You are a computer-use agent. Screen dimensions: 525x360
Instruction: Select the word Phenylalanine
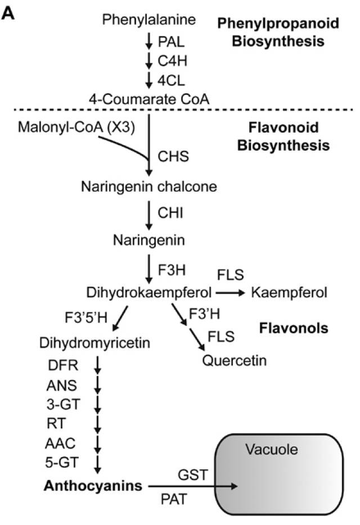149,20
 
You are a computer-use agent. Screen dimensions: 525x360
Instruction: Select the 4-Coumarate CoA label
149,99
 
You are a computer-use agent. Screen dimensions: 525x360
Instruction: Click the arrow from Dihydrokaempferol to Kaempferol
230,292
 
